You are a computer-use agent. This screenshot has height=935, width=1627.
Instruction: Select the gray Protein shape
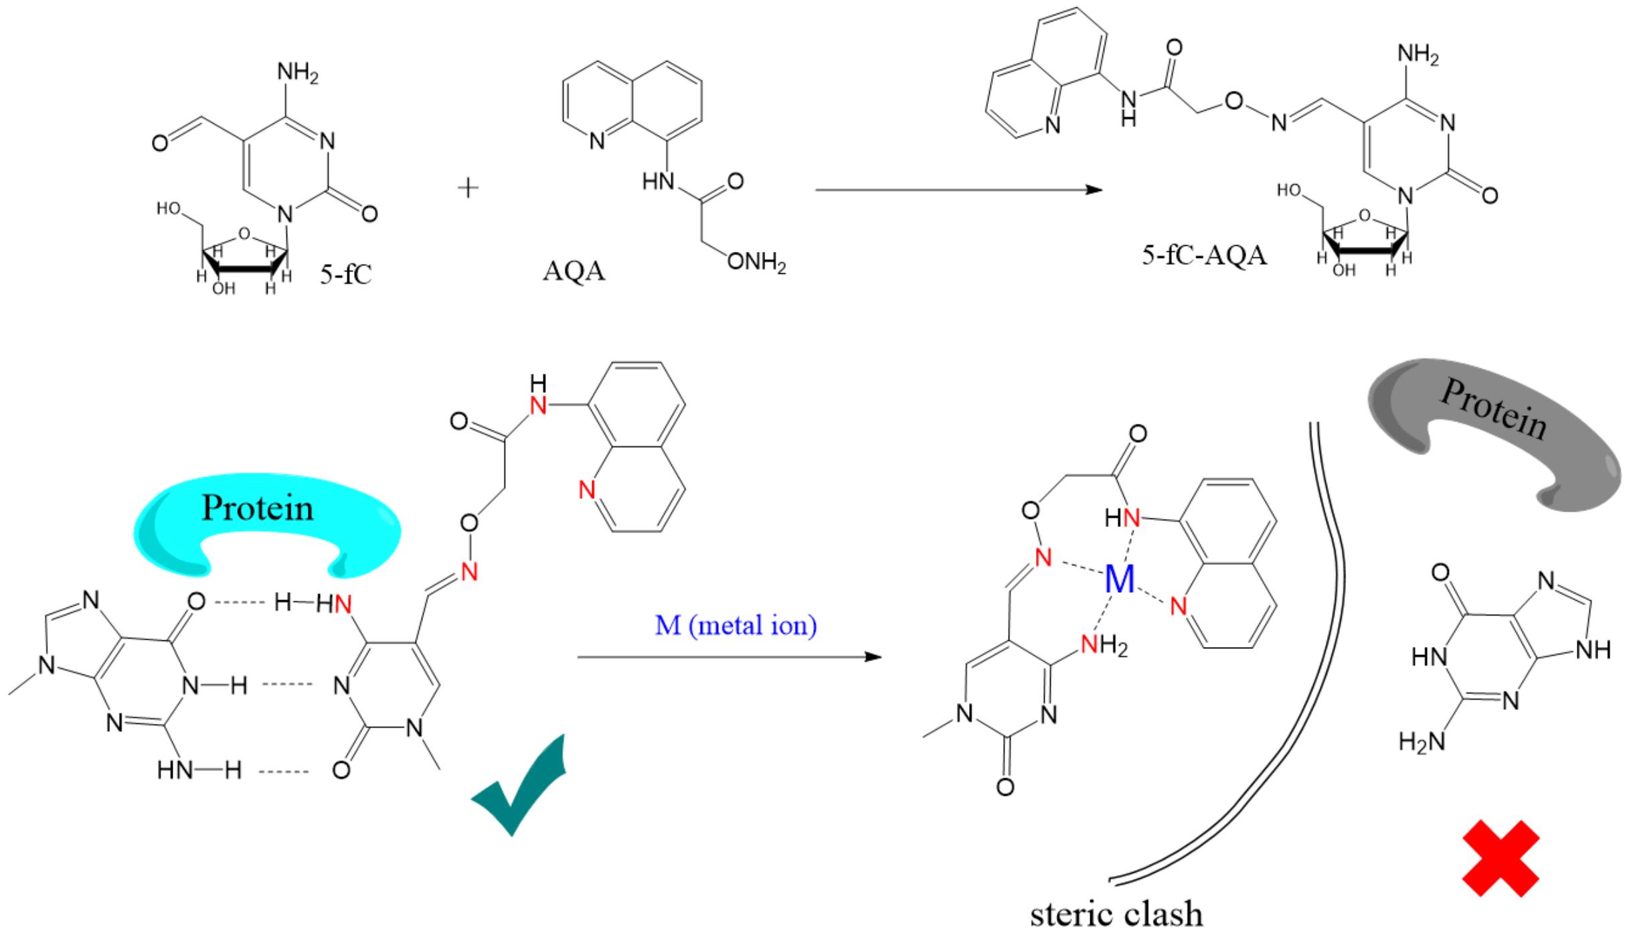1492,429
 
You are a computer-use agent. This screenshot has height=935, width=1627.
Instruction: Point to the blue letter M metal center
1120,579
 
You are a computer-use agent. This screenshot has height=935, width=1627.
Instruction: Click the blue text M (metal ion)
736,626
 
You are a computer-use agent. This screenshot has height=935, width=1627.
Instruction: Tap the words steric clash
1116,915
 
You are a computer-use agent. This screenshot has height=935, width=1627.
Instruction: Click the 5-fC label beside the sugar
345,275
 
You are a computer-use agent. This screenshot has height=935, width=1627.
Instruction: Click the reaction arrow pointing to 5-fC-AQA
957,190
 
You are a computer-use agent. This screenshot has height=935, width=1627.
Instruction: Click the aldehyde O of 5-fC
160,143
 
